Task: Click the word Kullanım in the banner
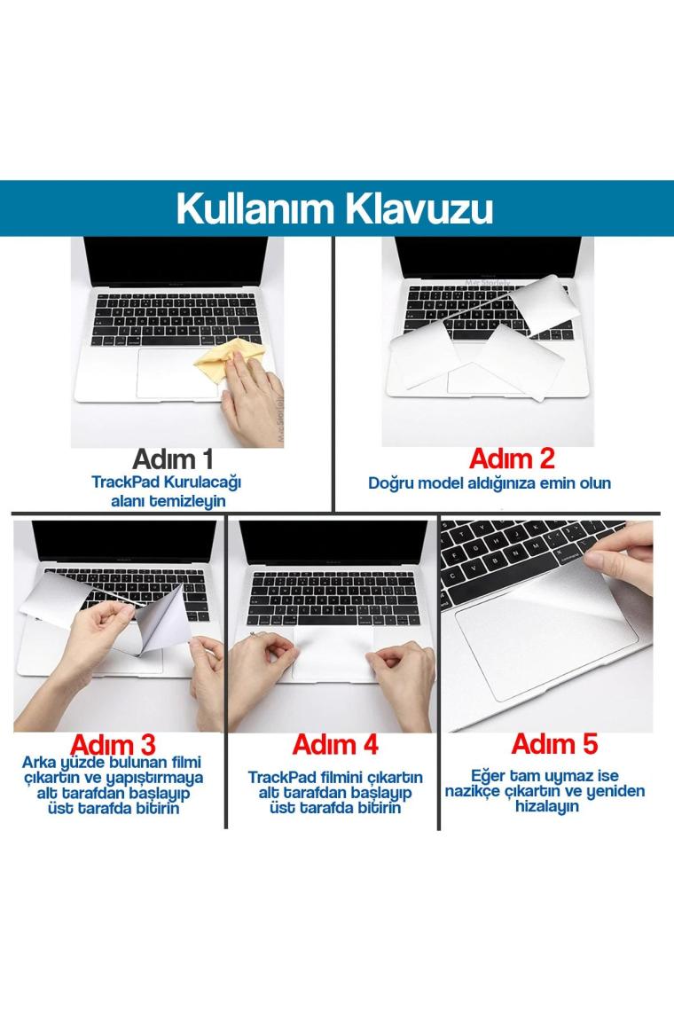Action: [x=256, y=209]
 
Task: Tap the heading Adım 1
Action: [x=173, y=459]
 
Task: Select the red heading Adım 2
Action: [x=512, y=459]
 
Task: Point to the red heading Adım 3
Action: [x=113, y=745]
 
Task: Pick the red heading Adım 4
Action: [x=334, y=745]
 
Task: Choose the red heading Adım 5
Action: [x=554, y=744]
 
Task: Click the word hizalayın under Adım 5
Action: [x=546, y=807]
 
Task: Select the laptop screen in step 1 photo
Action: [x=176, y=261]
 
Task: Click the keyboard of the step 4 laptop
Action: [x=333, y=598]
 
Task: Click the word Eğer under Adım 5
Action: [x=488, y=776]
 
